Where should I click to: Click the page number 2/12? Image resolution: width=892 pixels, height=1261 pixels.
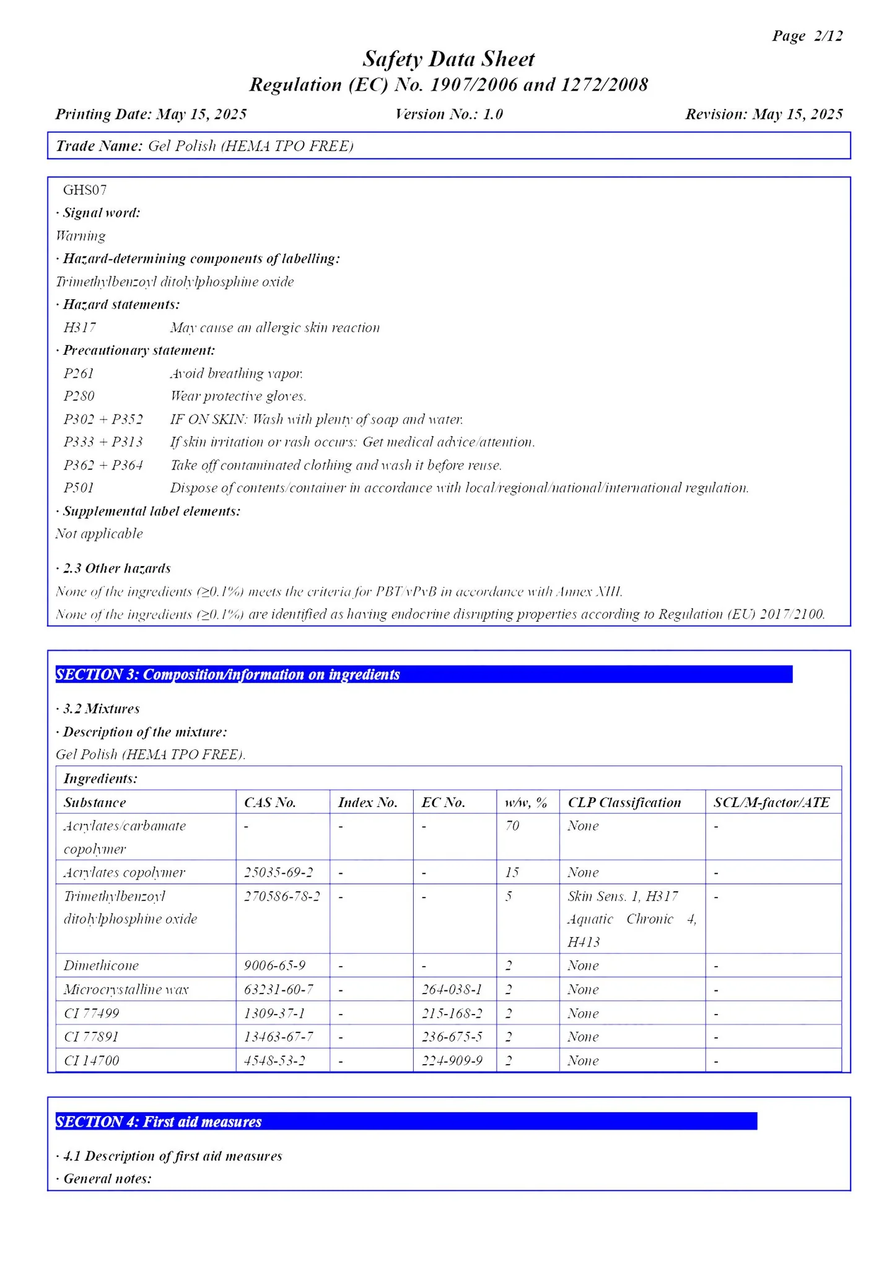click(x=828, y=36)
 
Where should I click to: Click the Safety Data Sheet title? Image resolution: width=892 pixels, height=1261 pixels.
click(x=448, y=59)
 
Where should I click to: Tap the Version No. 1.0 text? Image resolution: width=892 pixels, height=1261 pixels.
click(x=448, y=115)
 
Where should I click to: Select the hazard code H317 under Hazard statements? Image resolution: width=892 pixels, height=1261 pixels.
click(x=79, y=328)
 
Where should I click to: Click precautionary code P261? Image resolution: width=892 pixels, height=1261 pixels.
click(x=79, y=373)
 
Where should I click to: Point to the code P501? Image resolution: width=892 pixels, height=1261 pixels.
click(x=79, y=488)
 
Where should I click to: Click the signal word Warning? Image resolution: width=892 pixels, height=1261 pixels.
click(x=81, y=236)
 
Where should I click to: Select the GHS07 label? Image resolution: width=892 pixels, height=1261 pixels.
click(x=85, y=190)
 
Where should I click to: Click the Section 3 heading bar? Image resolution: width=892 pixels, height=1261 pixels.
click(x=424, y=674)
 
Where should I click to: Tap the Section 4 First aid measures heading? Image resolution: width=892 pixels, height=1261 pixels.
click(x=159, y=1122)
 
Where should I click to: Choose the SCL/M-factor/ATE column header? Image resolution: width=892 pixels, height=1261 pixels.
click(x=771, y=803)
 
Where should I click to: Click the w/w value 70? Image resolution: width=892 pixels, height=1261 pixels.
click(x=512, y=826)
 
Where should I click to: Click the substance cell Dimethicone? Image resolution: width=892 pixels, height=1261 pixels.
click(x=101, y=966)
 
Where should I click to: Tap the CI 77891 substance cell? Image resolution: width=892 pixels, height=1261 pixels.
click(x=91, y=1037)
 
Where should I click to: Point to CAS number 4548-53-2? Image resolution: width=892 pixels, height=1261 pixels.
click(x=274, y=1061)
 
